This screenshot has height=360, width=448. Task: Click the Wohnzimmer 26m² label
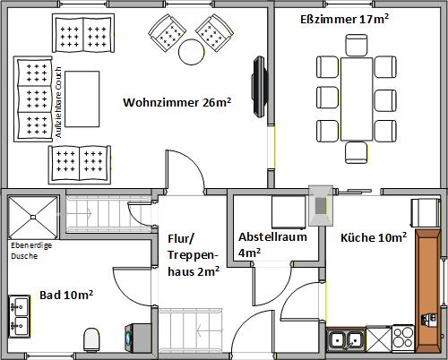(177, 103)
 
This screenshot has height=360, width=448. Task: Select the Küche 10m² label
(374, 237)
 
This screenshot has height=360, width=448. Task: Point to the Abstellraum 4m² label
(272, 244)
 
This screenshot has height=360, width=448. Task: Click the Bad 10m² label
(67, 294)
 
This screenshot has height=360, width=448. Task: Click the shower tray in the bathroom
(33, 215)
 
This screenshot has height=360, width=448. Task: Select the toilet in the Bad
(91, 339)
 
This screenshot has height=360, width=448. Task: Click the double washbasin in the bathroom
(19, 315)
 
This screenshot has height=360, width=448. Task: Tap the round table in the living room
(192, 53)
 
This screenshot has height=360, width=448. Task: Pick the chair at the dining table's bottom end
(356, 151)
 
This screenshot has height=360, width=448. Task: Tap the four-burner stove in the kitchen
(403, 339)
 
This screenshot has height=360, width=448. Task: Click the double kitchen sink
(346, 339)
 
